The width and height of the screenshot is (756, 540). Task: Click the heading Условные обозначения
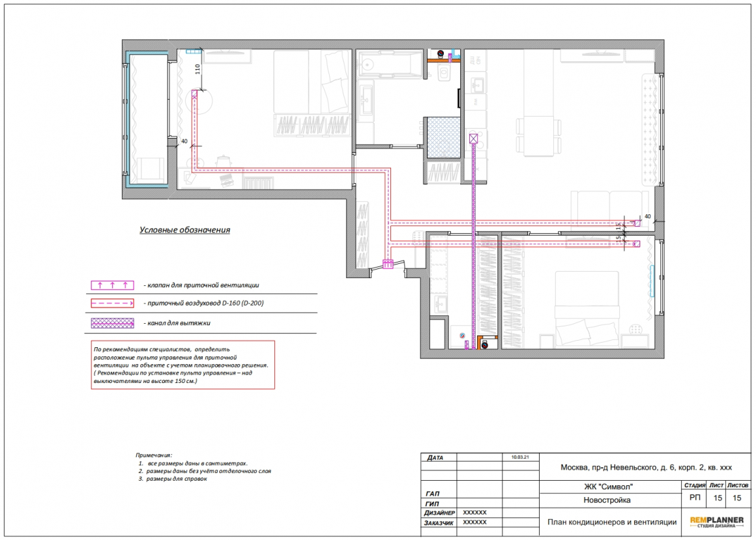[184, 230]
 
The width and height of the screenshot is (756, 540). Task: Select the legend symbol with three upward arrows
[112, 285]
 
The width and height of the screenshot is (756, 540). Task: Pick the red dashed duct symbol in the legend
[112, 304]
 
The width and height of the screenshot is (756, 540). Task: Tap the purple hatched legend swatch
[112, 322]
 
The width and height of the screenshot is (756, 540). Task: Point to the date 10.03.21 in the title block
[520, 457]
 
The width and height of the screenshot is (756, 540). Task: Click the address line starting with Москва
[646, 467]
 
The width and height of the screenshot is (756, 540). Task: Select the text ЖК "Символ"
[608, 487]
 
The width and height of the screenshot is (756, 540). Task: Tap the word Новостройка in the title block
[607, 500]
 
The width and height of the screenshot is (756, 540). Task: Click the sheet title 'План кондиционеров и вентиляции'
[612, 522]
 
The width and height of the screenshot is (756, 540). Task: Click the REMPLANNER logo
[716, 522]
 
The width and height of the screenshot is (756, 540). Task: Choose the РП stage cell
[695, 498]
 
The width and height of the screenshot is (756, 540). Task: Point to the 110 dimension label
[197, 69]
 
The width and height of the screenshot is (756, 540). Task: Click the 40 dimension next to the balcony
[184, 141]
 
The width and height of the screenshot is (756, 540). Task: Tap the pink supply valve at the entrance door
[388, 264]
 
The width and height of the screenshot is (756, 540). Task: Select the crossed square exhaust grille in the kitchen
[473, 139]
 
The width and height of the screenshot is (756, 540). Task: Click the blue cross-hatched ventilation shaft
[444, 138]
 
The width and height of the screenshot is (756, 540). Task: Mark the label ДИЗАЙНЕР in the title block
[439, 513]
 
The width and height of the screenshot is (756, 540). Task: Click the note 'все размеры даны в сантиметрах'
[197, 463]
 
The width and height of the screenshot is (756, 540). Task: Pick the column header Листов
[738, 485]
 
